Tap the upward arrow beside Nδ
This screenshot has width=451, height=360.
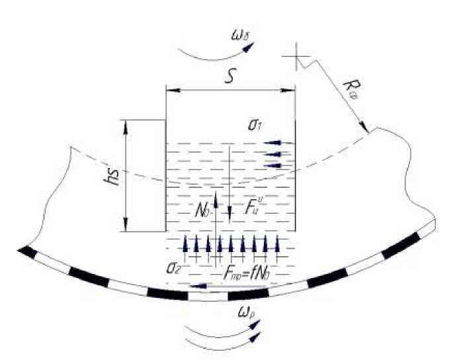coord(214,199)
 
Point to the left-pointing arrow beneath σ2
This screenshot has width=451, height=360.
coord(198,286)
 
